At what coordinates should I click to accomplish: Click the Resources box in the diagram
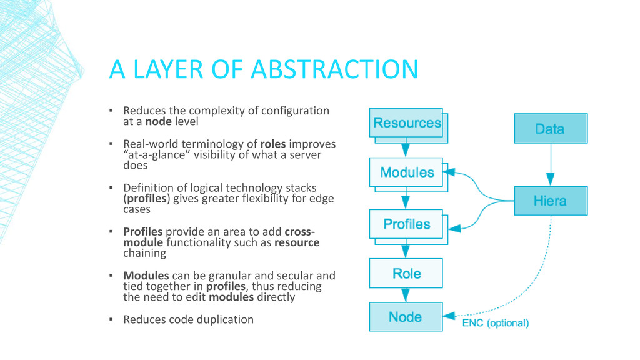[407, 123]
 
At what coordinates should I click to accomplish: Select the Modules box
[407, 172]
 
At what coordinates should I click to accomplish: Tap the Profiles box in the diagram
[407, 224]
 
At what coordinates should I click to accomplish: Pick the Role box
[407, 273]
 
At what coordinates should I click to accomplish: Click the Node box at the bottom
[406, 317]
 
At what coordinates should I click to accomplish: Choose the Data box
[550, 129]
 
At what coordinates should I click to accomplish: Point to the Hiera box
[550, 201]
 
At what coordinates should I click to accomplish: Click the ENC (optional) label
[496, 323]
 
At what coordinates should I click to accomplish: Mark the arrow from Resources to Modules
[406, 147]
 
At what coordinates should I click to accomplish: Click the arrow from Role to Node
[406, 295]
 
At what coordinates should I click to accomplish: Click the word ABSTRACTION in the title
[334, 69]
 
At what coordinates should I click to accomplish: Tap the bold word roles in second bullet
[274, 143]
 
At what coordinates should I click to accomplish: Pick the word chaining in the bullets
[145, 253]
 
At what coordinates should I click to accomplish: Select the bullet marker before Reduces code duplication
[111, 319]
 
